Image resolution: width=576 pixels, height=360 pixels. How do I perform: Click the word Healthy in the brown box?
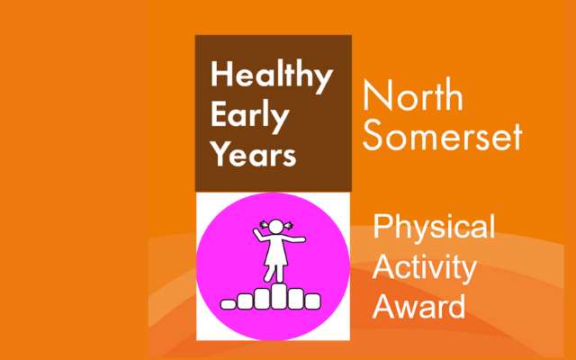tap(272, 76)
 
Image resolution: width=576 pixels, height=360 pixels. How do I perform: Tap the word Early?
tap(250, 116)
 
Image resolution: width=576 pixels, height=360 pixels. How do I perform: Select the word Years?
tap(253, 153)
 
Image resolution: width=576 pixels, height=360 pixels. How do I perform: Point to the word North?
tap(413, 94)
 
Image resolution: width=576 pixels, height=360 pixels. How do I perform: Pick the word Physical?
tap(434, 228)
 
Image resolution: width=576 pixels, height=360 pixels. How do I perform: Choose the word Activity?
tap(425, 268)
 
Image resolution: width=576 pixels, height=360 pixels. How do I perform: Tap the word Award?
tap(419, 306)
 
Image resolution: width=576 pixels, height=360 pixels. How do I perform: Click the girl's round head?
tap(276, 226)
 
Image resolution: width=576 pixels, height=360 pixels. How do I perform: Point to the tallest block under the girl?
tap(279, 296)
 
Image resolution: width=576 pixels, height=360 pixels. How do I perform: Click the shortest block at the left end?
tap(228, 304)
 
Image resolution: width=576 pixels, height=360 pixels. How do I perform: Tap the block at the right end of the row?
tap(312, 301)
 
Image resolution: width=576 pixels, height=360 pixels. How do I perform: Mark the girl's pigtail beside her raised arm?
tap(264, 224)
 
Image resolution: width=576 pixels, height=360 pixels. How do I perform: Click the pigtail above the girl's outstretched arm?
tap(288, 225)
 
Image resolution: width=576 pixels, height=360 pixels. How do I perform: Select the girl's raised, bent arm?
tap(260, 235)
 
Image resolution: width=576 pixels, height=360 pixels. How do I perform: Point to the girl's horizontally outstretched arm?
tap(293, 239)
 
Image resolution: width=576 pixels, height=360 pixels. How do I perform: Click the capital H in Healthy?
tap(220, 74)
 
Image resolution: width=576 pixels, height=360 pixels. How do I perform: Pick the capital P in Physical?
tap(382, 226)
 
